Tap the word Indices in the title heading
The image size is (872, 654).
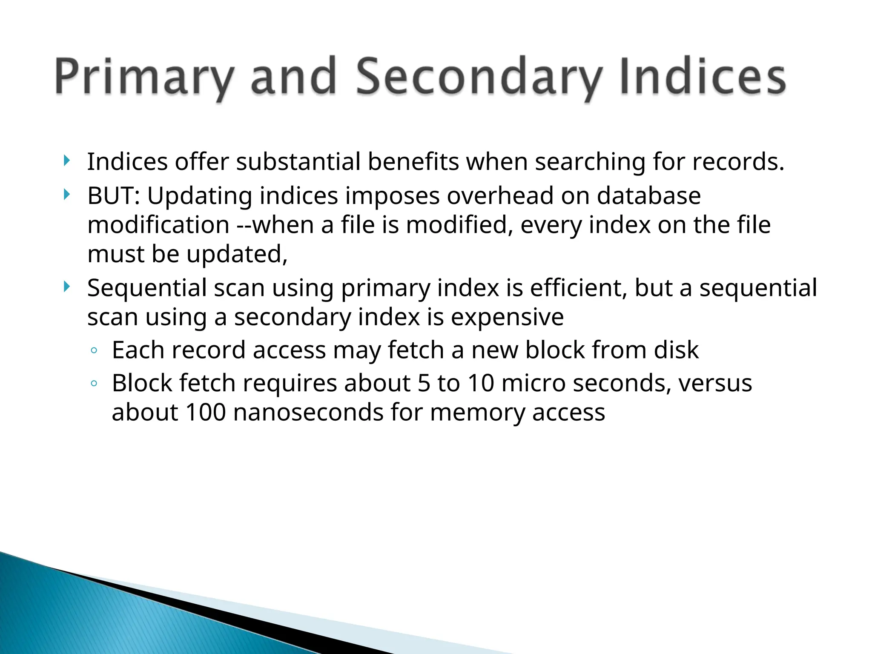point(703,77)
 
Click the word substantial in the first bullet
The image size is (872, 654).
point(298,162)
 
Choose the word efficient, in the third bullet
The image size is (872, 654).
point(579,288)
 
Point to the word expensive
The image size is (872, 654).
point(507,317)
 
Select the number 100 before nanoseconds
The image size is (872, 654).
point(206,412)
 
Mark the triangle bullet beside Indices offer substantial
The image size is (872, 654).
point(66,161)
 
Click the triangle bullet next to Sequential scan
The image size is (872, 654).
point(66,287)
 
